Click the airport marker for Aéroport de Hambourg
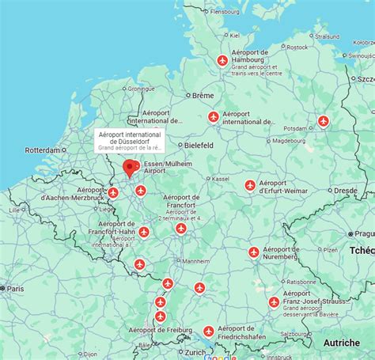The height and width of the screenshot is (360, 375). [x=222, y=61]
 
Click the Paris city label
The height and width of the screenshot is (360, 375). [x=16, y=289]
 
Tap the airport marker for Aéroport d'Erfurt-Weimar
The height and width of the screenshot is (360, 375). [x=250, y=185]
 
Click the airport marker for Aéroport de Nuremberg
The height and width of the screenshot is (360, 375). [x=254, y=252]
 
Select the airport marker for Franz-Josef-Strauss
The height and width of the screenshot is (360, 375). [x=274, y=301]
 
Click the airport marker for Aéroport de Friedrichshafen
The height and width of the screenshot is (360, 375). [x=208, y=332]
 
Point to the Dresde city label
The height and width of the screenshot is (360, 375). [x=345, y=191]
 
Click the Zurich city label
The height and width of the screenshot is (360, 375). [x=195, y=351]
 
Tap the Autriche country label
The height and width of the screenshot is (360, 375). [x=341, y=343]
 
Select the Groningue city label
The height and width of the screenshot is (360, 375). [x=141, y=89]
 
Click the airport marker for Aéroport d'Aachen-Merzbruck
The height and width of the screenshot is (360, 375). [x=113, y=192]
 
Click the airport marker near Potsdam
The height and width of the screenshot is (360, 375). [x=323, y=120]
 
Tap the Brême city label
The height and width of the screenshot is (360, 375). [x=203, y=95]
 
